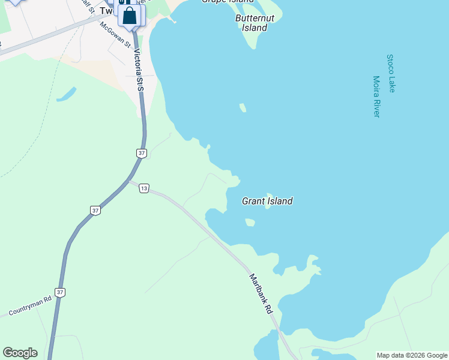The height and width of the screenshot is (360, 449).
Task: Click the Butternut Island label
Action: click(x=255, y=23)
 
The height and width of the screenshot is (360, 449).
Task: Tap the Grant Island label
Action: click(x=267, y=201)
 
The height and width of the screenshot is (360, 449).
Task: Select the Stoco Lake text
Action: click(x=391, y=73)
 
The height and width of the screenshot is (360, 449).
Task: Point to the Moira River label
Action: click(x=377, y=96)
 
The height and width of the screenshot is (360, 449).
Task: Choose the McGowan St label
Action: click(x=115, y=34)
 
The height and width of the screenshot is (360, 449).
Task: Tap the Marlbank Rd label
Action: click(x=261, y=294)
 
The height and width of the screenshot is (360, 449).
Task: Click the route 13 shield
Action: click(x=143, y=188)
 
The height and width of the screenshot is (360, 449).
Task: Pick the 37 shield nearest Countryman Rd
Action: click(x=59, y=292)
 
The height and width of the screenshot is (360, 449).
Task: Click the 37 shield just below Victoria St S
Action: click(x=142, y=154)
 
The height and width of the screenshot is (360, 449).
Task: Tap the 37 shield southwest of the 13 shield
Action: click(x=95, y=210)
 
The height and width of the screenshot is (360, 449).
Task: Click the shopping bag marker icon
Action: click(x=130, y=16)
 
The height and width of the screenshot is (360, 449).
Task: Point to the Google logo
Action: click(x=20, y=353)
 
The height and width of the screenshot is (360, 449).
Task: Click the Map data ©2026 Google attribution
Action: click(x=412, y=355)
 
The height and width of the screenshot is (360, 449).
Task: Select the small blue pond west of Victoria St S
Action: click(x=66, y=94)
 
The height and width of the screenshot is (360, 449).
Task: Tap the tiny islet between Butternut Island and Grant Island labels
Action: click(x=243, y=108)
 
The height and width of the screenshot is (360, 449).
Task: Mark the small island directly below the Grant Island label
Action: click(x=250, y=223)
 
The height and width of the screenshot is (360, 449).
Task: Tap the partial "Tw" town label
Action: click(x=106, y=11)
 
